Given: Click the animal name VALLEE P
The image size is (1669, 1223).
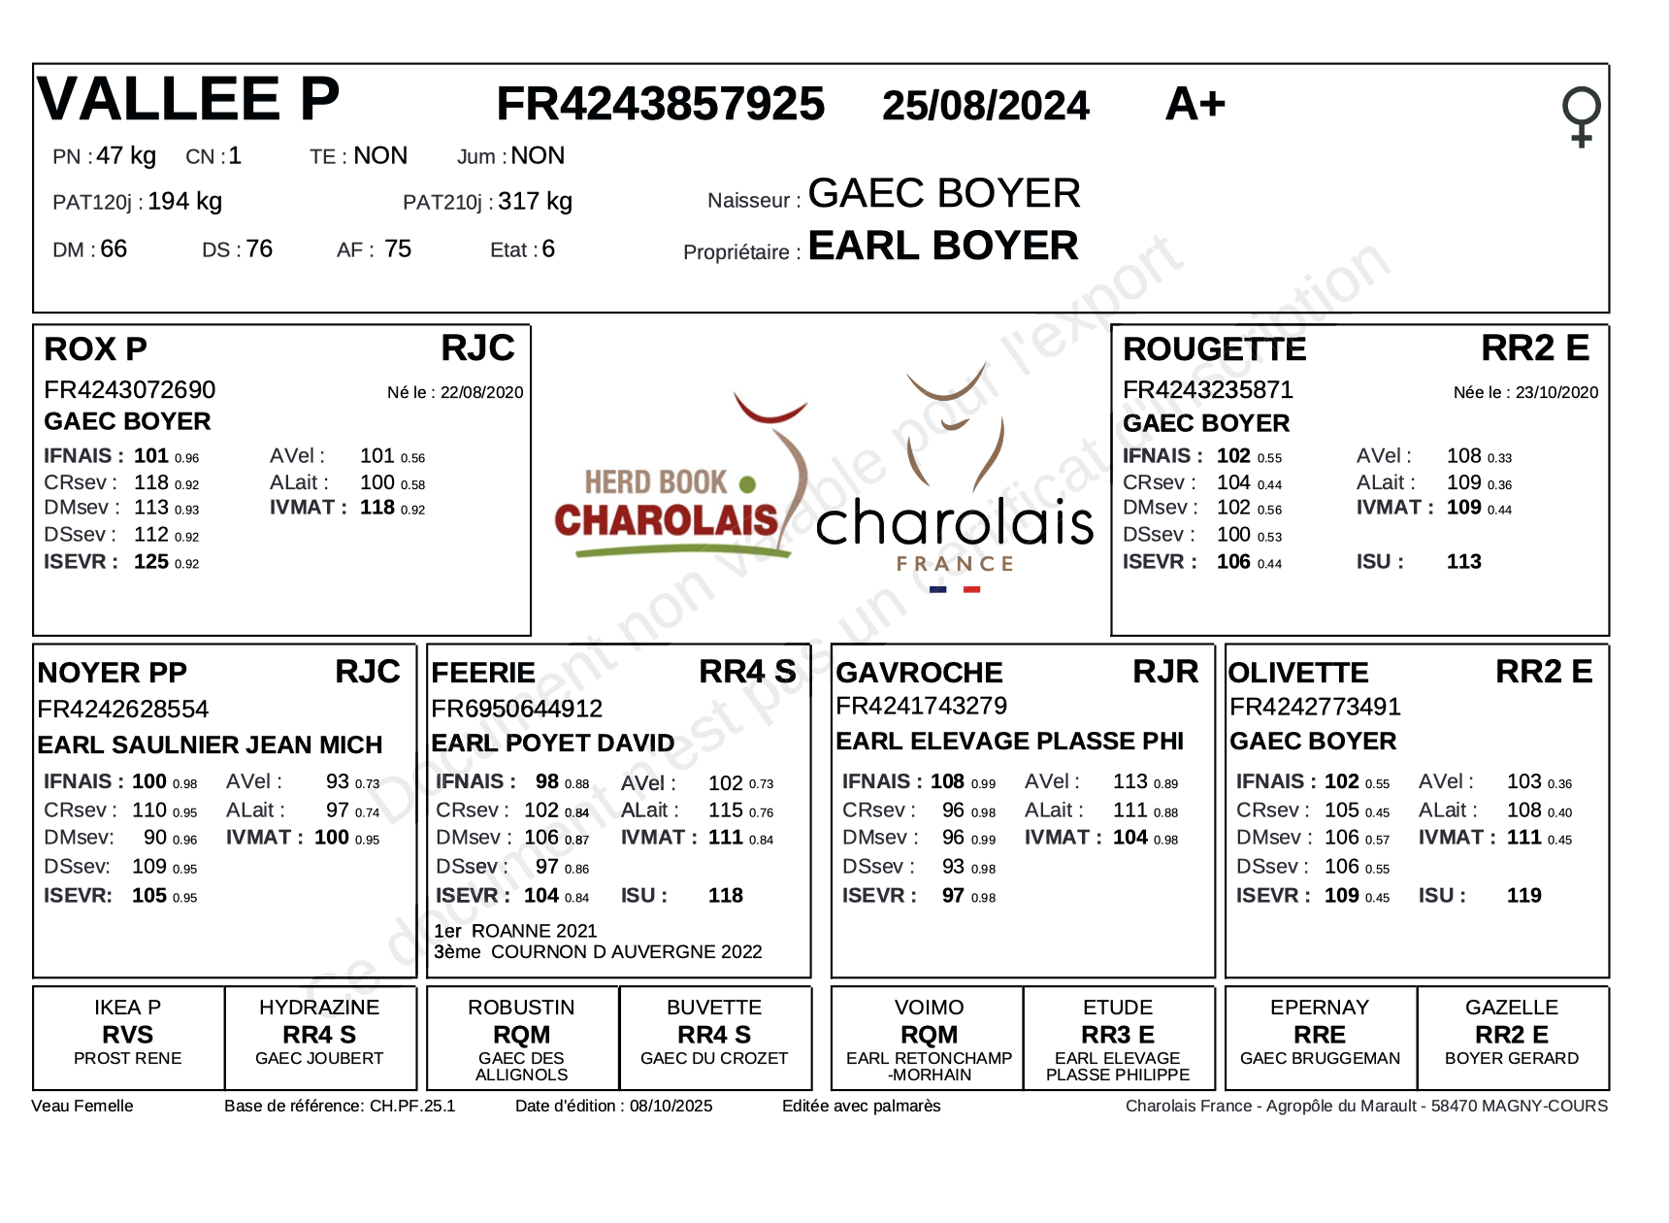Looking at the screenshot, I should pos(188,99).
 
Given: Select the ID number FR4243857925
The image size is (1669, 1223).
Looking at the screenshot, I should pos(660,104).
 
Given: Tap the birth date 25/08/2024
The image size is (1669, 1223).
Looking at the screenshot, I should pos(985,106).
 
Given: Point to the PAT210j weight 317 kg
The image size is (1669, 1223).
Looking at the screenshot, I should pos(535,201).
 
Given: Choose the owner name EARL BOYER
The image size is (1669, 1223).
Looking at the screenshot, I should pos(943,247).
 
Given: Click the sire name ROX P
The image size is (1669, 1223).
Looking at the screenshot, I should pos(95,349).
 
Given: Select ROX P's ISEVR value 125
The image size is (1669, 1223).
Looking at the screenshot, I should pos(150,562).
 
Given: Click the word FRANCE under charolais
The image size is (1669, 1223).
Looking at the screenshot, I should pos(955,564).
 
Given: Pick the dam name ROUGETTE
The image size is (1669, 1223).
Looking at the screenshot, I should pos(1214,349).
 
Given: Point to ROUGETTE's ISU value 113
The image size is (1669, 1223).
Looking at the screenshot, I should pos(1463,562).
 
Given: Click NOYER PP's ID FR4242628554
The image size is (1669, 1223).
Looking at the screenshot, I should pos(123,710).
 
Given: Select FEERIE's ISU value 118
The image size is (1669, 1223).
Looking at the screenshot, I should pos(725,896).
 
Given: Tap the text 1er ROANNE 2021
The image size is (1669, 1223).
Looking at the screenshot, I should pos(515,931).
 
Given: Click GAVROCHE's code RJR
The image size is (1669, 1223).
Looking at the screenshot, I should pos(1165,672).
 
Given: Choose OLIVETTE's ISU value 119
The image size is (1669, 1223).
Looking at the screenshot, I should pos(1523,896).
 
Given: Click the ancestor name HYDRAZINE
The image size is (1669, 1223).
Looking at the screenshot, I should pos(319,1008).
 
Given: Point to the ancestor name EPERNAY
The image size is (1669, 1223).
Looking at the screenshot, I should pos(1319,1008).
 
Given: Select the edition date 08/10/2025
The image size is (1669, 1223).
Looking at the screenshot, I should pos(671,1106).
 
